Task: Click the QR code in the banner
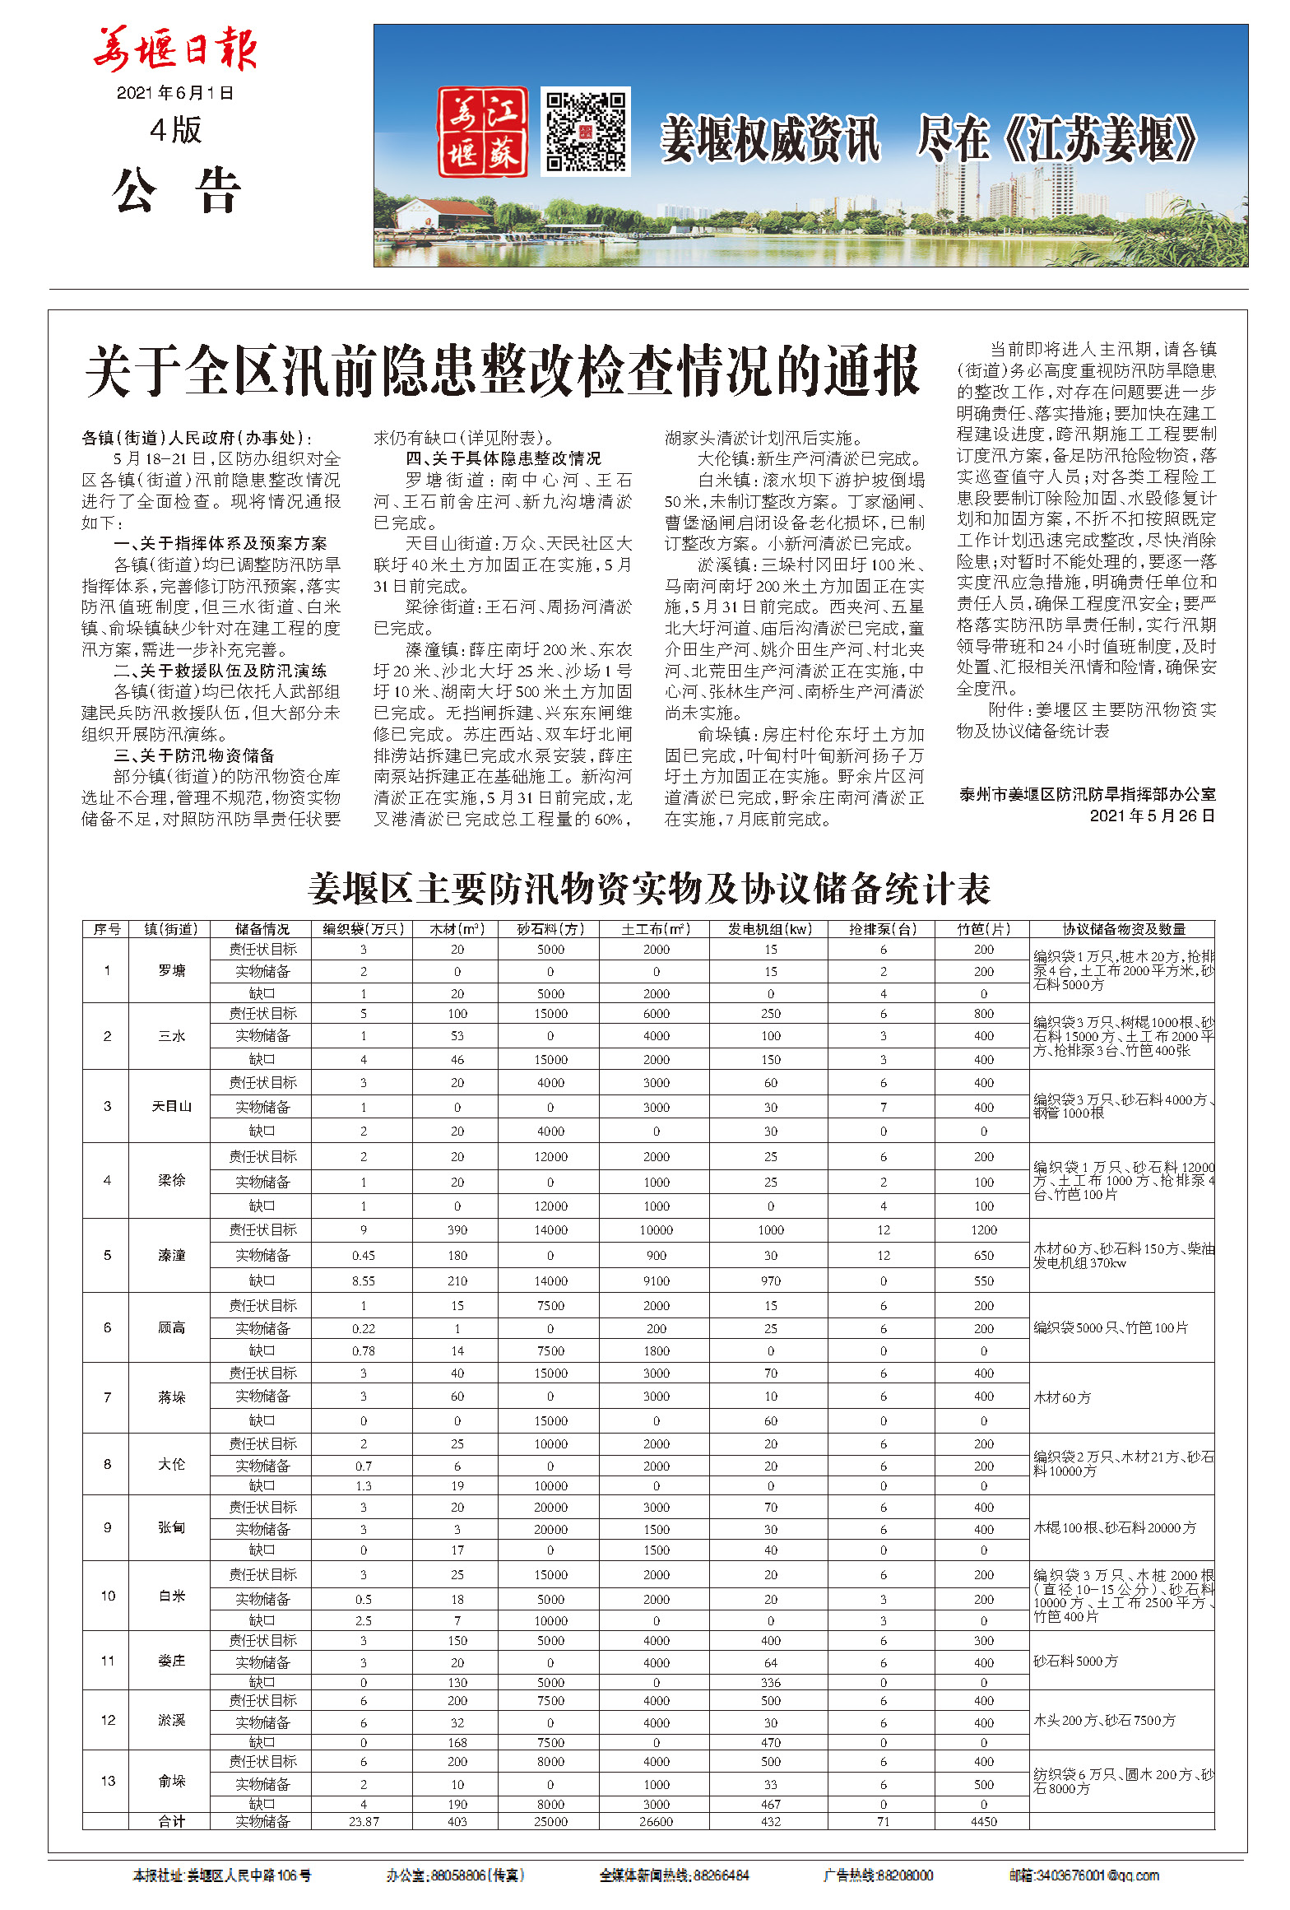pos(585,132)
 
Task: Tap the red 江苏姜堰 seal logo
pos(482,132)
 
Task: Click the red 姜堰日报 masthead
pos(175,49)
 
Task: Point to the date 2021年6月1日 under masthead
pos(175,93)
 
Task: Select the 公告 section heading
pos(176,191)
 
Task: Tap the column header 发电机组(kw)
pos(770,929)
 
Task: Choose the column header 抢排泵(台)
pos(883,929)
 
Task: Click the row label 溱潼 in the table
pos(171,1256)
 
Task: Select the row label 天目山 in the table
pos(171,1107)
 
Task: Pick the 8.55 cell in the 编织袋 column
pos(363,1281)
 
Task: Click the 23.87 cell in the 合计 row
pos(363,1822)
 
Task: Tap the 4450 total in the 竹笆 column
pos(983,1822)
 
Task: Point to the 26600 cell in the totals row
pos(656,1822)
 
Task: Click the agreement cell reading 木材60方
pos(1062,1397)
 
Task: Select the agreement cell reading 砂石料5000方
pos(1075,1661)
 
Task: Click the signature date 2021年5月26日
pos(1152,816)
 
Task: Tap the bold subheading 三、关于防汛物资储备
pos(194,755)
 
